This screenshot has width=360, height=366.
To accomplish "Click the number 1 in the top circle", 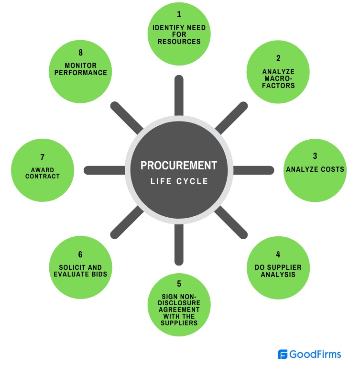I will pyautogui.click(x=179, y=15).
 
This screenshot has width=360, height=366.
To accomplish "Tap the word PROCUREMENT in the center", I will pyautogui.click(x=179, y=166).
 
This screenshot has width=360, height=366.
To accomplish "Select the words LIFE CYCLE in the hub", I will pyautogui.click(x=179, y=182).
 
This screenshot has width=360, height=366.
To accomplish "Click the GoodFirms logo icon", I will pyautogui.click(x=283, y=355).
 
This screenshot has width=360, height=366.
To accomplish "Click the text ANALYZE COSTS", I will pyautogui.click(x=315, y=169).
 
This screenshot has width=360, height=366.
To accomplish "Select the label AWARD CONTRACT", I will pyautogui.click(x=43, y=173).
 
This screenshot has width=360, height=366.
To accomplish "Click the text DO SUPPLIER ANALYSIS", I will pyautogui.click(x=278, y=271).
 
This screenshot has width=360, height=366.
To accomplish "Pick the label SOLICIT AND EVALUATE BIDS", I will pyautogui.click(x=80, y=271).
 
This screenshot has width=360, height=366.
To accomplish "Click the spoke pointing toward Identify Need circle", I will pyautogui.click(x=179, y=96).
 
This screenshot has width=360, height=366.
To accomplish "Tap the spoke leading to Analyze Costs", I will pyautogui.click(x=254, y=170).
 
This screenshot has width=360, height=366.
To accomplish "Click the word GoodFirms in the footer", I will pyautogui.click(x=316, y=355).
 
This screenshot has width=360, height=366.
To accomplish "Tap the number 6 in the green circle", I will pyautogui.click(x=80, y=255).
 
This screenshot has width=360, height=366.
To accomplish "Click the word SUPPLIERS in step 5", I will pyautogui.click(x=179, y=322).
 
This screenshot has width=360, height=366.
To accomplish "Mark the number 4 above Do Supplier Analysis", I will pyautogui.click(x=278, y=255).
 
